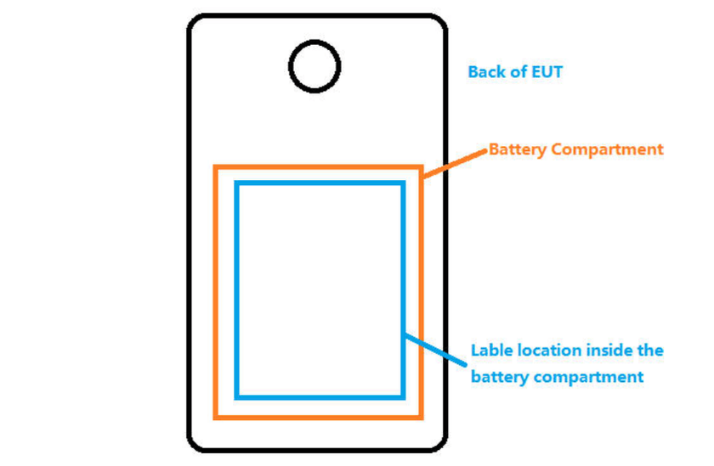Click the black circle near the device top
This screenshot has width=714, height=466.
coord(314,65)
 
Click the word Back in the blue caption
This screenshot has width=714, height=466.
coord(485,72)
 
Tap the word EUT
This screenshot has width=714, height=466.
coord(547,72)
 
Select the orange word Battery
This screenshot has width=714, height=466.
coord(517,149)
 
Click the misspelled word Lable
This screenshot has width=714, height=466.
coord(490,350)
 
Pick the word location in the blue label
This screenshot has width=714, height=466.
coord(547,350)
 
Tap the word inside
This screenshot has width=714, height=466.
coord(609,350)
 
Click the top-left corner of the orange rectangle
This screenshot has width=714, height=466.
coord(216,167)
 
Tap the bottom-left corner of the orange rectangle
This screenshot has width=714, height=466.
coord(216,417)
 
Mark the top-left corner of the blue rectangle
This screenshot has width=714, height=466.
coord(237,183)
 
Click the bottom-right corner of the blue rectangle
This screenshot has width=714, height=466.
coord(403,396)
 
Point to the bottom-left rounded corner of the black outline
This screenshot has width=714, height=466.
coord(196,443)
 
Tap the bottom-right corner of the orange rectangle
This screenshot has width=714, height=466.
coord(422,417)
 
